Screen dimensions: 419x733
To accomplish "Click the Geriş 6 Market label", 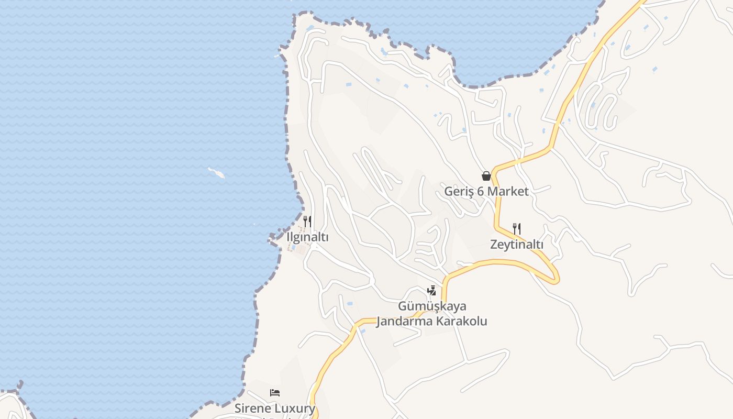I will click(486, 191).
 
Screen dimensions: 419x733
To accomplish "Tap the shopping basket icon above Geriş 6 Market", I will click(486, 176).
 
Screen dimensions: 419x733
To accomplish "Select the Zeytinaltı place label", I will click(517, 244).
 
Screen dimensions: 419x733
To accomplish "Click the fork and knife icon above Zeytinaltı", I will click(517, 228).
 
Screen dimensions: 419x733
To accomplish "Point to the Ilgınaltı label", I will click(307, 237).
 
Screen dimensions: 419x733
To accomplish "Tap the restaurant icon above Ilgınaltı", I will click(307, 221).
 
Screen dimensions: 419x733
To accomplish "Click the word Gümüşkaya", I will click(432, 306).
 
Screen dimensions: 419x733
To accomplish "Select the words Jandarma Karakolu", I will click(432, 321).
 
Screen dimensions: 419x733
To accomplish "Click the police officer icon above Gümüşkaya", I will click(432, 290).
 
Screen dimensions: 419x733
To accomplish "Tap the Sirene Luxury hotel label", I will click(275, 408).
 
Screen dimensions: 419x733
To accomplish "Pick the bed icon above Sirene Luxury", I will click(275, 392).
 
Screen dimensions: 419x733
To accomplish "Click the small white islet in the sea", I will click(216, 173).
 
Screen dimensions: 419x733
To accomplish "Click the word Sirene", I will click(254, 408).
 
